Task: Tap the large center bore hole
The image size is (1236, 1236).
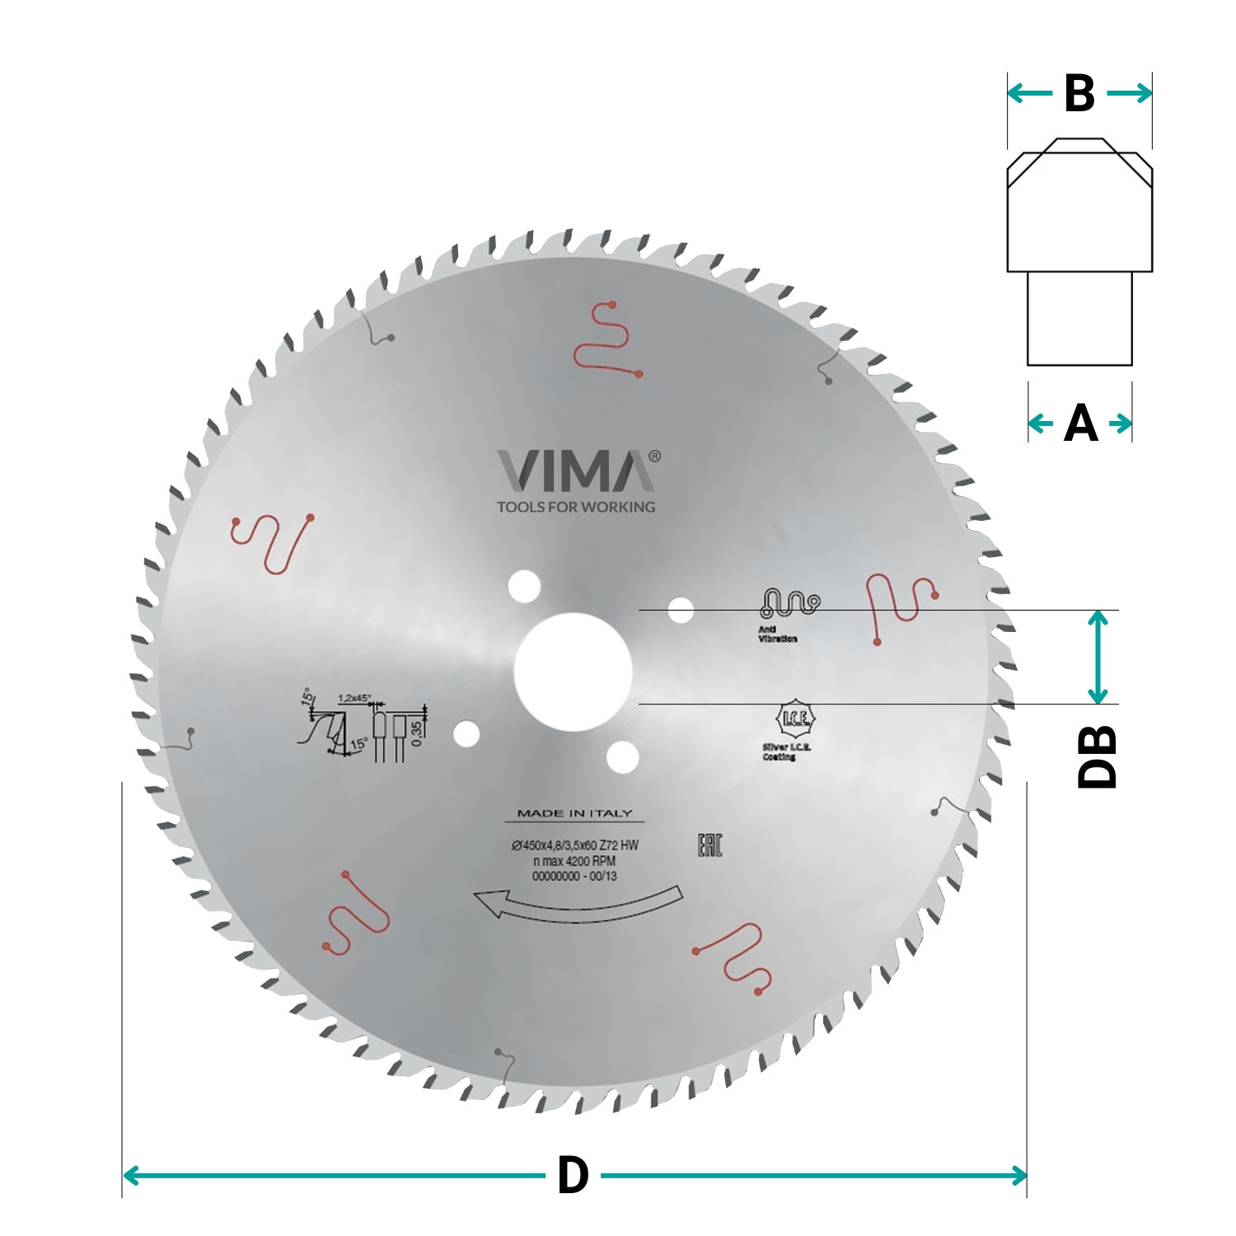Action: (x=573, y=672)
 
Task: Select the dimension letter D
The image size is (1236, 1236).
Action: (x=573, y=1175)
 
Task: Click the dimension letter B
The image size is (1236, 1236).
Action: (x=1079, y=94)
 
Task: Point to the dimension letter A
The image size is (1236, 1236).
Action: (x=1080, y=424)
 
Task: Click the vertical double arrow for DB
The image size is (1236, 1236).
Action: (x=1097, y=657)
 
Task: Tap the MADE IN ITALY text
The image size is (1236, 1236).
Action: (x=574, y=813)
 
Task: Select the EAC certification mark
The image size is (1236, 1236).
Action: (x=709, y=845)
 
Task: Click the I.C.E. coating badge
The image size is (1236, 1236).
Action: (x=794, y=720)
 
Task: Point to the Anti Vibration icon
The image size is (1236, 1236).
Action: (x=789, y=604)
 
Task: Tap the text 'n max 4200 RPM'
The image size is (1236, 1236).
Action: (x=574, y=861)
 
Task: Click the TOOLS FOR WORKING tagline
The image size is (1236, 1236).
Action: (x=576, y=507)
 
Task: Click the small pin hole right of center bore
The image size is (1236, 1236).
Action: (x=680, y=611)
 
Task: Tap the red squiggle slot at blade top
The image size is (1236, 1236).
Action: (x=609, y=339)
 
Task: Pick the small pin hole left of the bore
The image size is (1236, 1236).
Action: (x=466, y=733)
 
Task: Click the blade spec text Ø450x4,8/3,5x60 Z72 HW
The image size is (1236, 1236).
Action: (x=574, y=845)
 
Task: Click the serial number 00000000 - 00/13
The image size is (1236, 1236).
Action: (x=574, y=876)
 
